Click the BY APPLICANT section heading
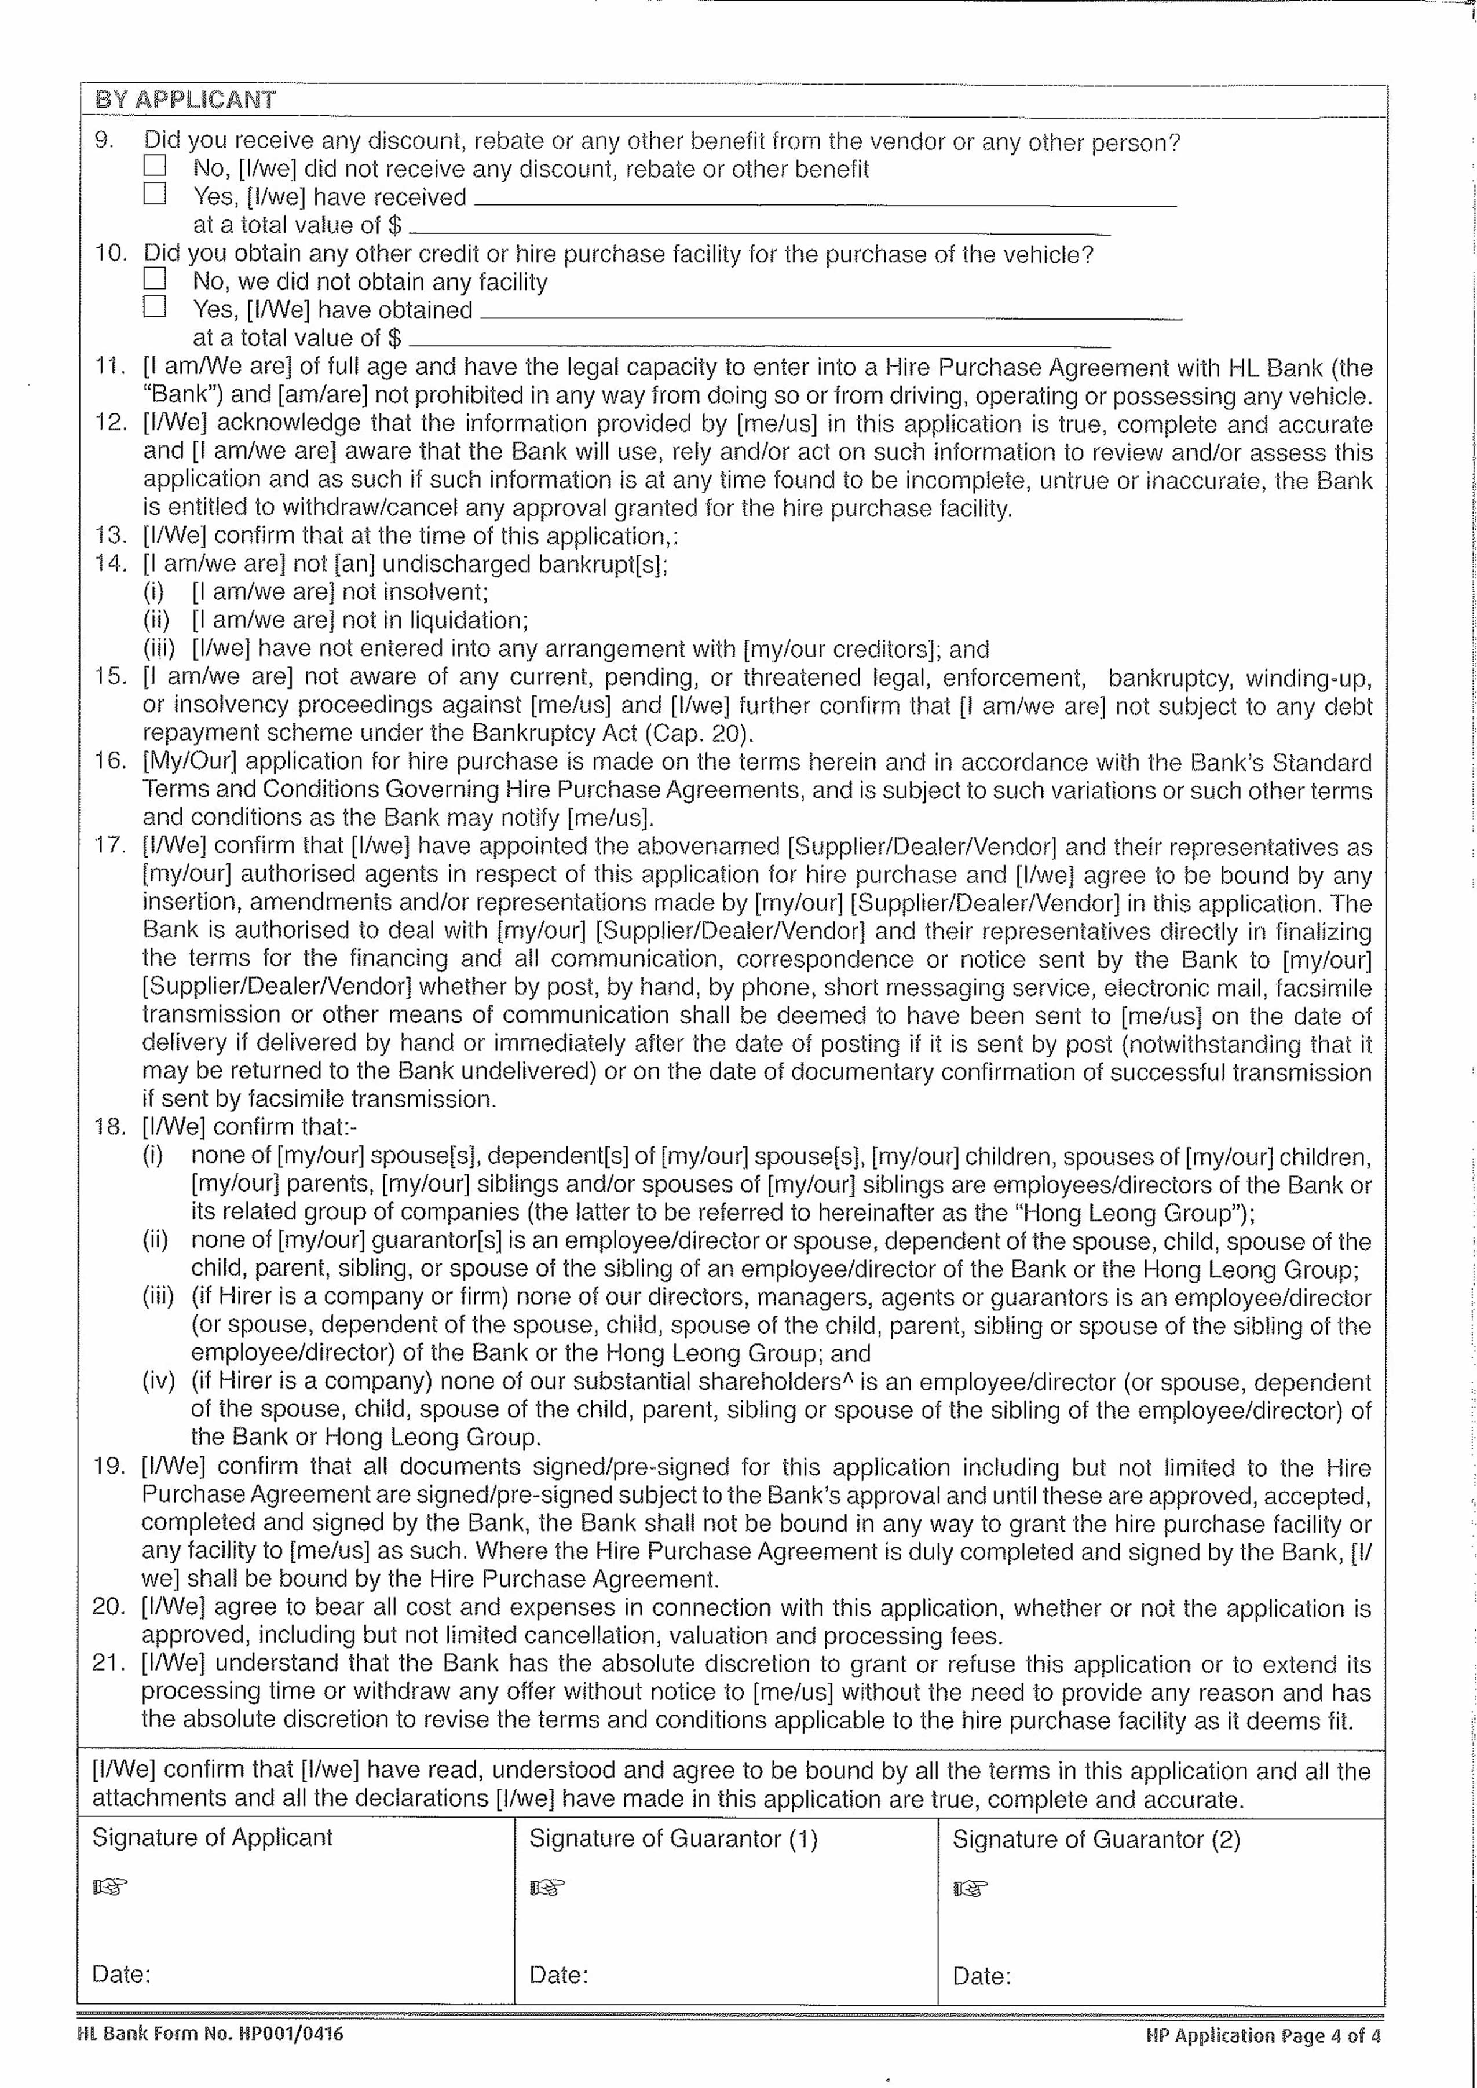(185, 99)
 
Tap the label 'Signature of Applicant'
(212, 1838)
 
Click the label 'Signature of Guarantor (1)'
(673, 1839)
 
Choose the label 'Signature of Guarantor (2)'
(1096, 1840)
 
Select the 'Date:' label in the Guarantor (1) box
(558, 1975)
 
